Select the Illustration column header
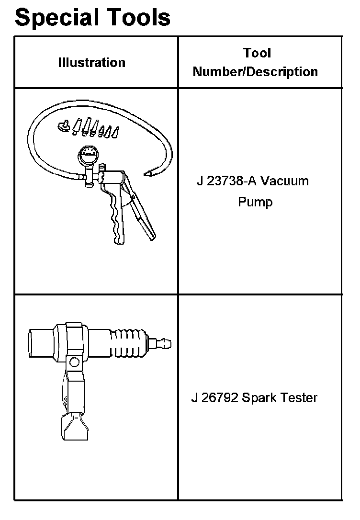click(91, 62)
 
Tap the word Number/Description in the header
click(255, 72)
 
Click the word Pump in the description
click(255, 202)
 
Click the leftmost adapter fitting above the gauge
click(62, 126)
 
